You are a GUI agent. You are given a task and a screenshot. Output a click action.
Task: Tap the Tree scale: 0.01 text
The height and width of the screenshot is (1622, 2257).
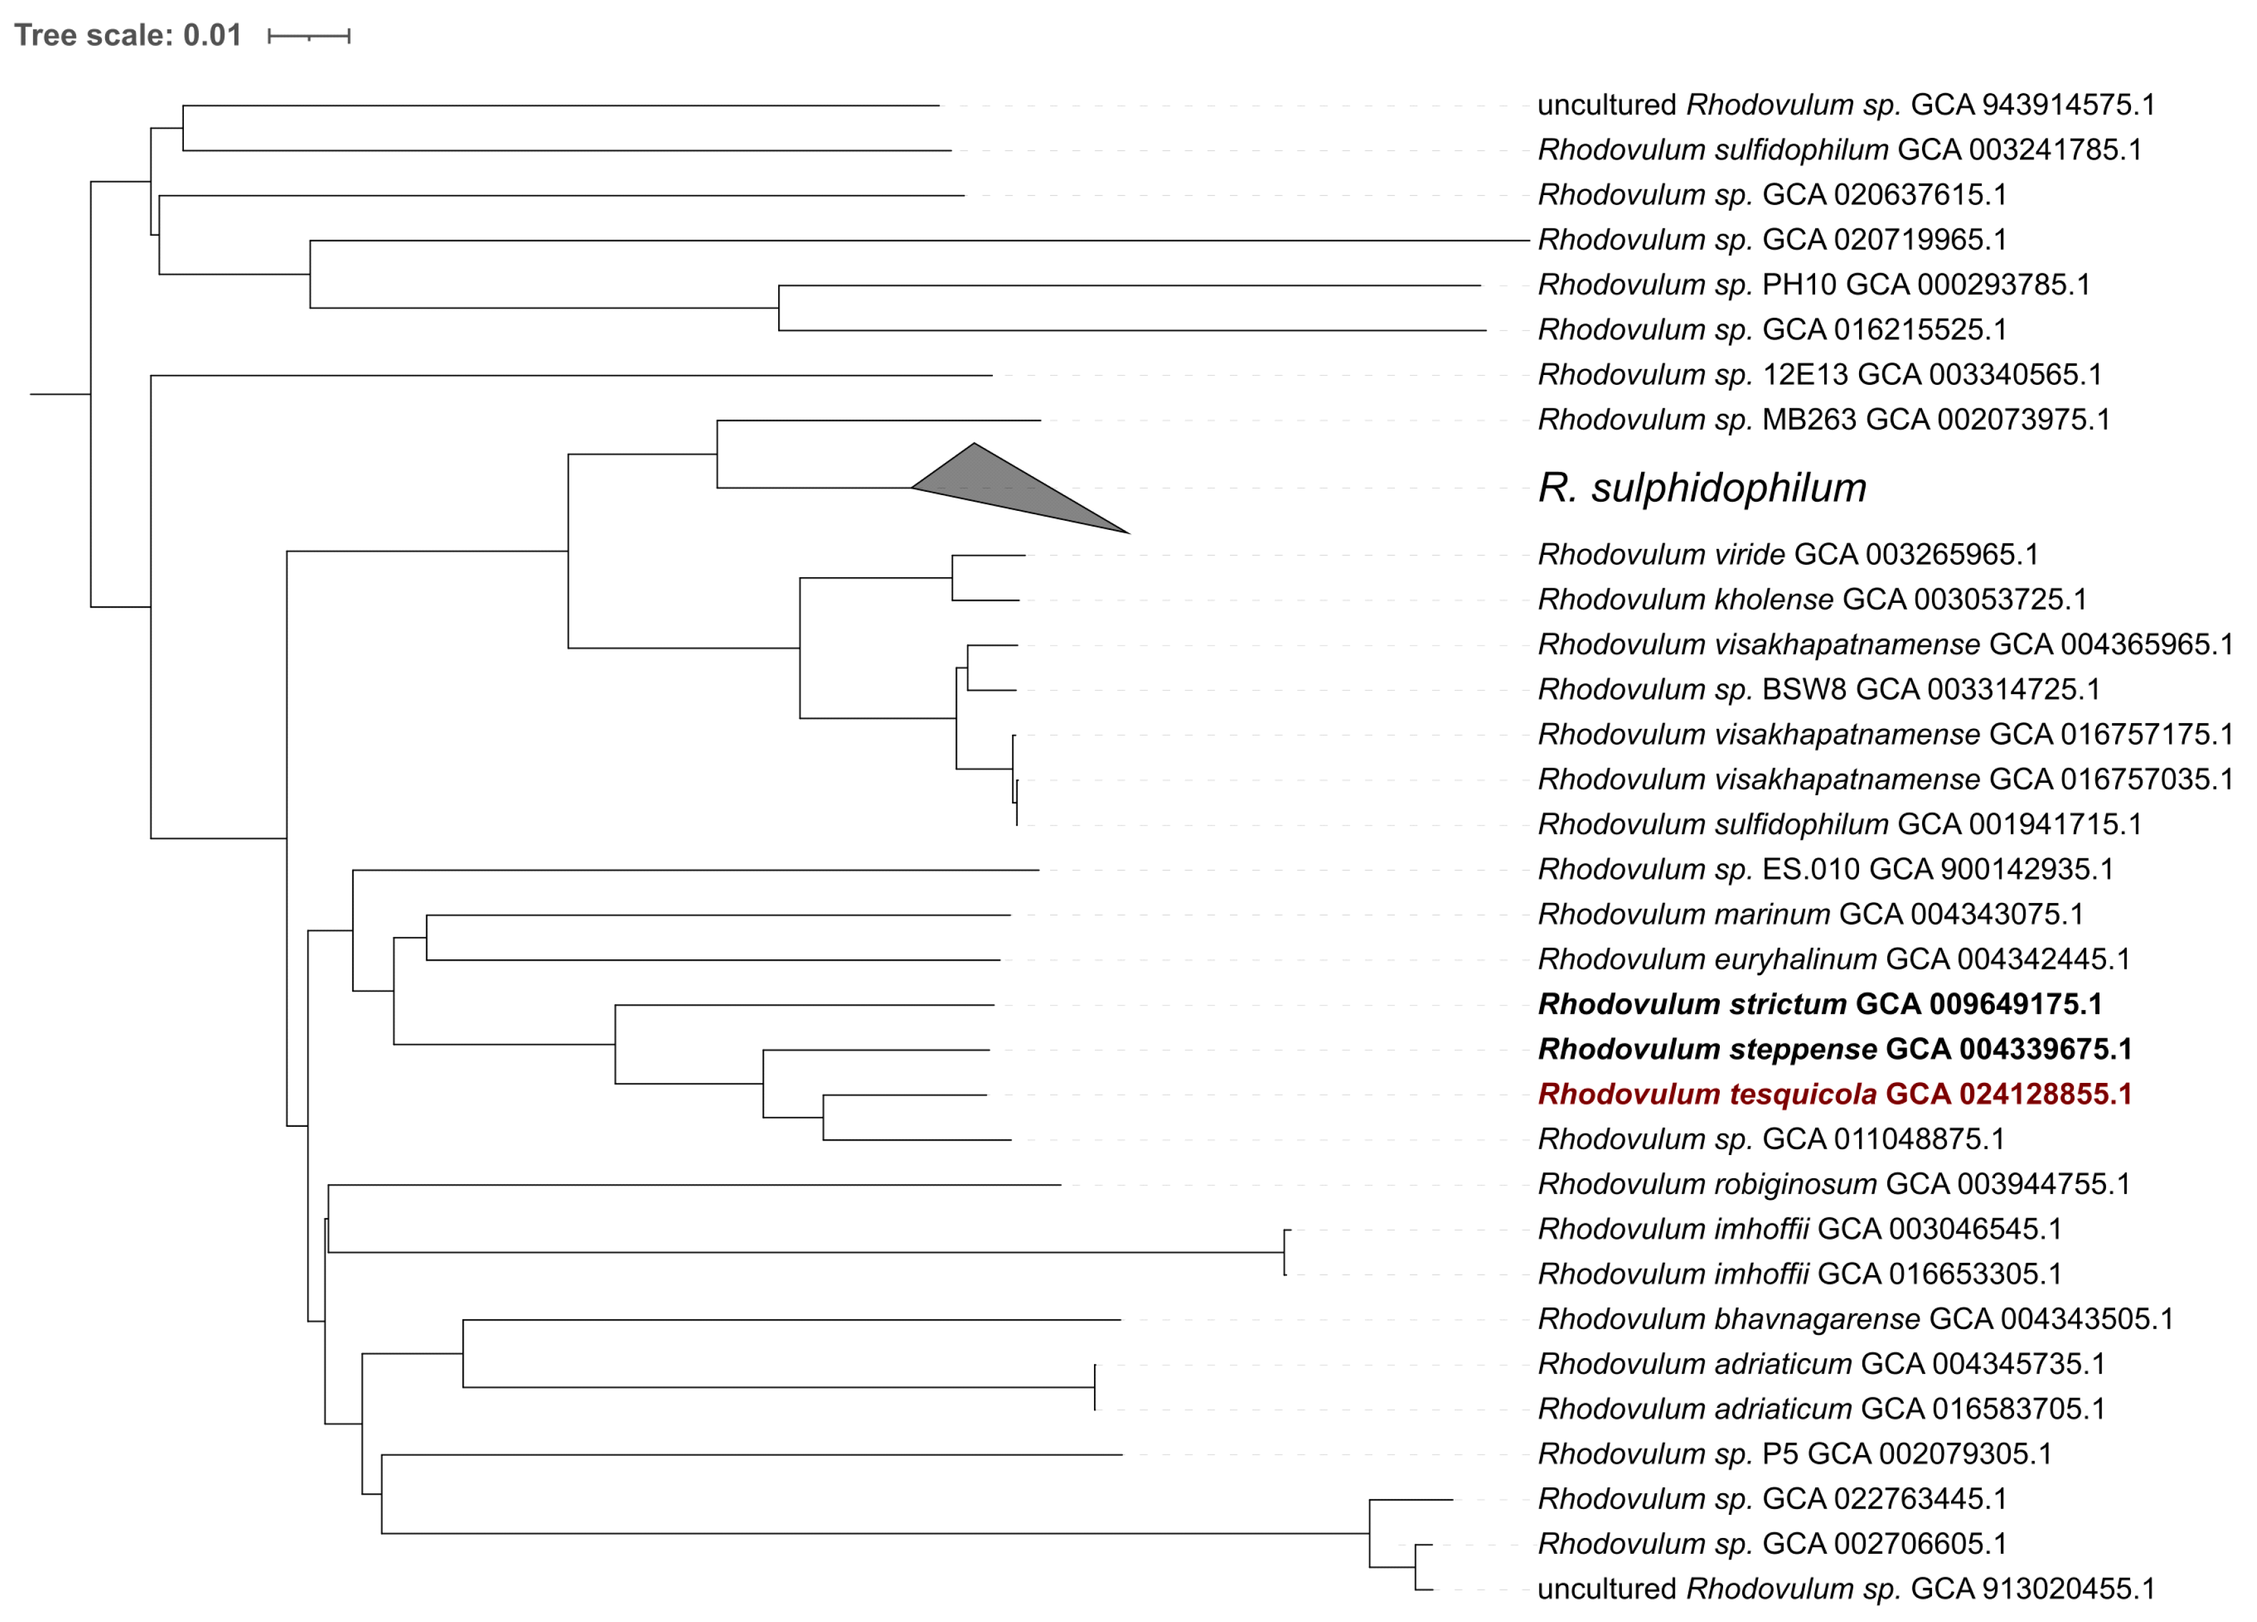click(127, 36)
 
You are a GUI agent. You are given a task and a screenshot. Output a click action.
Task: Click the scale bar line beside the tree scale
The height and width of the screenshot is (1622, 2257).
click(309, 37)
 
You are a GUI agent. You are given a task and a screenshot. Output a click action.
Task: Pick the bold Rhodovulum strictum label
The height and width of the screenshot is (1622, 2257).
click(1819, 1004)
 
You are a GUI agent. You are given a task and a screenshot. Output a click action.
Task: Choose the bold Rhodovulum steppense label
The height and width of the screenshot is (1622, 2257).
click(1834, 1049)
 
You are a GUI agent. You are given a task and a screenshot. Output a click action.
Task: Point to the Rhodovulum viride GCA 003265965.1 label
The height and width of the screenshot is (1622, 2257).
click(1787, 554)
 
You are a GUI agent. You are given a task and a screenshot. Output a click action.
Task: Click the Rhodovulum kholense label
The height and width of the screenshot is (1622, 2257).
click(1811, 599)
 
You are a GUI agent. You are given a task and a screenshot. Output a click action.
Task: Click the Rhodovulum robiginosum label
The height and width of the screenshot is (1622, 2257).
click(1833, 1184)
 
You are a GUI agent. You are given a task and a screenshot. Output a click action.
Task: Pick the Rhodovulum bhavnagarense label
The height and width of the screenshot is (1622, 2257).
click(1855, 1319)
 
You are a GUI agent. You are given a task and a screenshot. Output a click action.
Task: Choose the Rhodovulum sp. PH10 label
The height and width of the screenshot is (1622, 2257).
click(1813, 284)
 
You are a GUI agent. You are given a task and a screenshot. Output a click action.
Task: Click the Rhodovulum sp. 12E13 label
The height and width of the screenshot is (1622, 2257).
click(1819, 375)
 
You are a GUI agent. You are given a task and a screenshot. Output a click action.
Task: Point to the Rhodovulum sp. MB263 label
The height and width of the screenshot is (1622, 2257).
click(1823, 420)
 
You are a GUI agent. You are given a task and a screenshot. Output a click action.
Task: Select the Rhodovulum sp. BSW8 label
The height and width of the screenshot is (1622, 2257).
click(1818, 690)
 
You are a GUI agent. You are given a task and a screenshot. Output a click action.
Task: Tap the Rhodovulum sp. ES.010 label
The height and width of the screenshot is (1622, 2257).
click(1825, 869)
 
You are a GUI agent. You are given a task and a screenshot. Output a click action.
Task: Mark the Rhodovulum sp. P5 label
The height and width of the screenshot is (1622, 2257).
click(1794, 1454)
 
